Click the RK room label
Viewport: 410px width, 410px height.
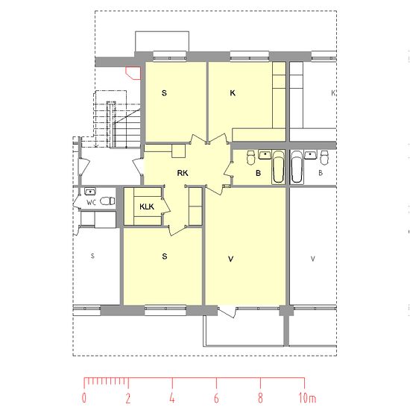[x=183, y=173]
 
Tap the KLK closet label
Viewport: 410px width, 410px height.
[x=147, y=206]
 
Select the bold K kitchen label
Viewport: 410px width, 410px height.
[x=233, y=93]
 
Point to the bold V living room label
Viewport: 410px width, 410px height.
[x=230, y=259]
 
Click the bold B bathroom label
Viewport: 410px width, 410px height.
[x=258, y=173]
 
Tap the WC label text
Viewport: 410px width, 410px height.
[x=91, y=202]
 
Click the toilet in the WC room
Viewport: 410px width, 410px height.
[x=107, y=201]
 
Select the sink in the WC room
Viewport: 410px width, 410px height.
[x=90, y=192]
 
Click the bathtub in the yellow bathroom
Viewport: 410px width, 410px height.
[x=278, y=167]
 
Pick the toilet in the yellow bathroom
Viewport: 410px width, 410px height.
[x=250, y=157]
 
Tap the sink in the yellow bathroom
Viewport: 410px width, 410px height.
[x=265, y=154]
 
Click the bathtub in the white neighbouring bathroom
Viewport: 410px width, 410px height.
[x=297, y=167]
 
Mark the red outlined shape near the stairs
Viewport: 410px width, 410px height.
[x=133, y=73]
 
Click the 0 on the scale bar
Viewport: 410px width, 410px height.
[x=83, y=398]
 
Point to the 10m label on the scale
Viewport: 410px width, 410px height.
[x=307, y=398]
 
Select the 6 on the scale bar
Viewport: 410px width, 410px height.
[x=216, y=398]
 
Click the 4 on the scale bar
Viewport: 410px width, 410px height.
[x=171, y=398]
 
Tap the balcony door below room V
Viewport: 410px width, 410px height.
[x=227, y=312]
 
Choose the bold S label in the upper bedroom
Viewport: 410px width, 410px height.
[x=164, y=93]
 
